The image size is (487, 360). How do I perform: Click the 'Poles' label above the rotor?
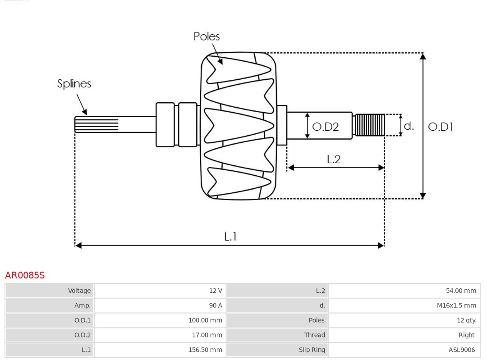[x=207, y=36]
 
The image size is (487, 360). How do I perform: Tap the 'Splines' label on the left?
[x=74, y=84]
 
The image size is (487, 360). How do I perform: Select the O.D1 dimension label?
[x=440, y=127]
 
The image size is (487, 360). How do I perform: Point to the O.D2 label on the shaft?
[x=325, y=127]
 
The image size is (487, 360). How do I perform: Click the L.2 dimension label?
[x=333, y=159]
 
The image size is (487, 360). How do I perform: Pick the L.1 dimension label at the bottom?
[x=230, y=237]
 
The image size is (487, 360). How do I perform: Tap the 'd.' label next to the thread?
[x=409, y=126]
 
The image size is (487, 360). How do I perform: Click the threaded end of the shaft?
[x=370, y=125]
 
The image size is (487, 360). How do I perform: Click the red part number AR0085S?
[x=25, y=275]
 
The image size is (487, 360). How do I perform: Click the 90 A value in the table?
[x=216, y=305]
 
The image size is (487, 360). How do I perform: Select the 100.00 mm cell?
[x=205, y=320]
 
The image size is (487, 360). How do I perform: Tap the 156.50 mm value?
[x=205, y=350]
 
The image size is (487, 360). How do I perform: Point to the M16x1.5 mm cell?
[x=456, y=305]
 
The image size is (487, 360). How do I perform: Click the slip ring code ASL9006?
[x=461, y=350]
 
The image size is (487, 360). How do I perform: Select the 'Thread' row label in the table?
[x=314, y=335]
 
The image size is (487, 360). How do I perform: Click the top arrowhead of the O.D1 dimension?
[x=423, y=56]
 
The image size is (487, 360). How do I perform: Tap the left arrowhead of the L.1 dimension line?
[x=78, y=245]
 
